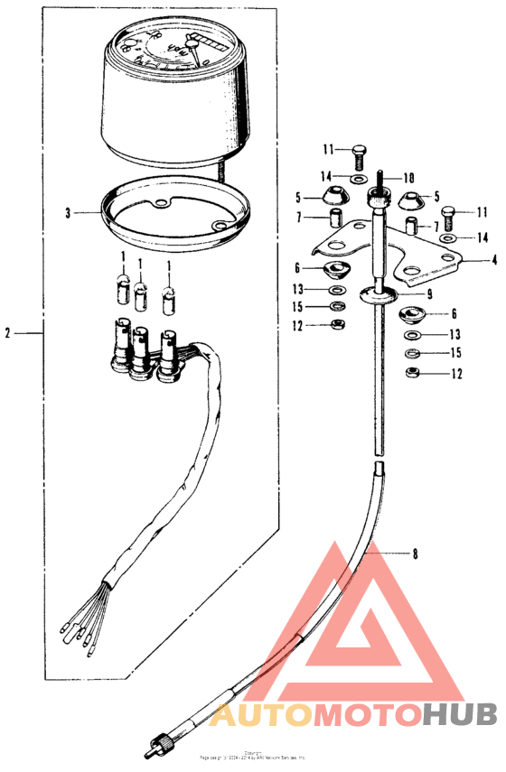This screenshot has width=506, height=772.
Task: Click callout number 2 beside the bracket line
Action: [7, 333]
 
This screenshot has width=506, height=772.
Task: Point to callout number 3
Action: [67, 213]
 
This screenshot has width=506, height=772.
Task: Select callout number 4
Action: [494, 260]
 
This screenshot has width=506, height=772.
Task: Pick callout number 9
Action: [430, 293]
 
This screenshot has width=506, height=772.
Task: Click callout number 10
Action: [408, 178]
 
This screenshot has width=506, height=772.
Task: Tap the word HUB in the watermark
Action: [461, 716]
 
